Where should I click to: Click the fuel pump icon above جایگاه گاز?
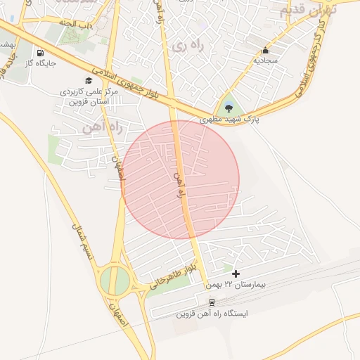[39, 53]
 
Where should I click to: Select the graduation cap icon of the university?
[88, 80]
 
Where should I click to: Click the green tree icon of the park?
[229, 108]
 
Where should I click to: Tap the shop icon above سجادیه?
[265, 51]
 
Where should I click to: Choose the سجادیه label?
[265, 60]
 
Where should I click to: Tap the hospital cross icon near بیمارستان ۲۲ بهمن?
[235, 274]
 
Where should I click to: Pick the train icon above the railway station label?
[212, 302]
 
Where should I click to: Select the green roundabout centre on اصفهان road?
[115, 281]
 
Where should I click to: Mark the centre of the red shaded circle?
[180, 179]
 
